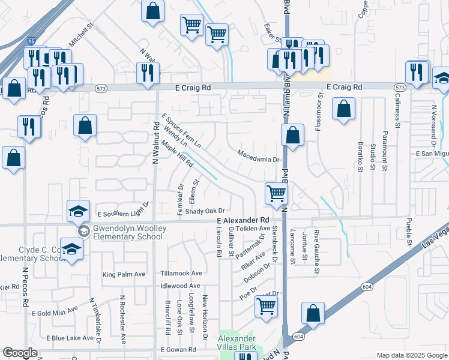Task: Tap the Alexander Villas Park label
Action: (x=237, y=342)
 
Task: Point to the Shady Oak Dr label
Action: (x=205, y=211)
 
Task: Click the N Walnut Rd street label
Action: (x=155, y=143)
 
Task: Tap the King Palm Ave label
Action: (x=124, y=275)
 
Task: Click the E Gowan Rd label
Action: (x=178, y=349)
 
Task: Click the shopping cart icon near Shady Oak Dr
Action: (x=276, y=194)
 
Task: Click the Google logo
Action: (x=20, y=353)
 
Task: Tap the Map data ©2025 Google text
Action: (x=411, y=355)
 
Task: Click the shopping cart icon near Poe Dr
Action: (x=266, y=305)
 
